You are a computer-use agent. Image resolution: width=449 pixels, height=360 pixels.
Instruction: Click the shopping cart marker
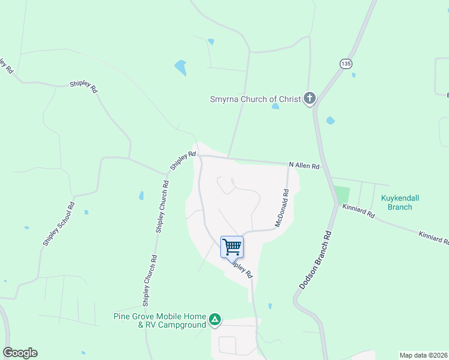(x=232, y=247)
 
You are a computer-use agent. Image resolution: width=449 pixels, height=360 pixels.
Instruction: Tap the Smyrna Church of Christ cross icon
(x=309, y=98)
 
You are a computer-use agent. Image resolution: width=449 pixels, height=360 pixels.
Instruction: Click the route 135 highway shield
(x=345, y=64)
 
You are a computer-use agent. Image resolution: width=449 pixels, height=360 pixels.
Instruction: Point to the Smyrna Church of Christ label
(x=255, y=99)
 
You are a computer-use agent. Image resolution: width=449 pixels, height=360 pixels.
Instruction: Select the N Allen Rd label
(x=304, y=165)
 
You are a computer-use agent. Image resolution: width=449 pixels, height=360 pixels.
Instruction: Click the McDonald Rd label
(x=282, y=208)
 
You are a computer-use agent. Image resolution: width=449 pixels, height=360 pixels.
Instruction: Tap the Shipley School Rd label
(x=58, y=223)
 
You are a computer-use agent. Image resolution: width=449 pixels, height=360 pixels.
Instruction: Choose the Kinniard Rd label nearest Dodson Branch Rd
(x=358, y=210)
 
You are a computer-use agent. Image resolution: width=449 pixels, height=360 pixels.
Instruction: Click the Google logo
(x=20, y=353)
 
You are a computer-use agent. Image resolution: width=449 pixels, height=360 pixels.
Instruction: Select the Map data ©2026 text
(x=423, y=355)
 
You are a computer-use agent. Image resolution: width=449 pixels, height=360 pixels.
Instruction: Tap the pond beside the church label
(x=275, y=107)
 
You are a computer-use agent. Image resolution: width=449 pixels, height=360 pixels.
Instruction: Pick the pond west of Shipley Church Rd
(x=141, y=196)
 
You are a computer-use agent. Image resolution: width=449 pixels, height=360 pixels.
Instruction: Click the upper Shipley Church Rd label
(x=162, y=206)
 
